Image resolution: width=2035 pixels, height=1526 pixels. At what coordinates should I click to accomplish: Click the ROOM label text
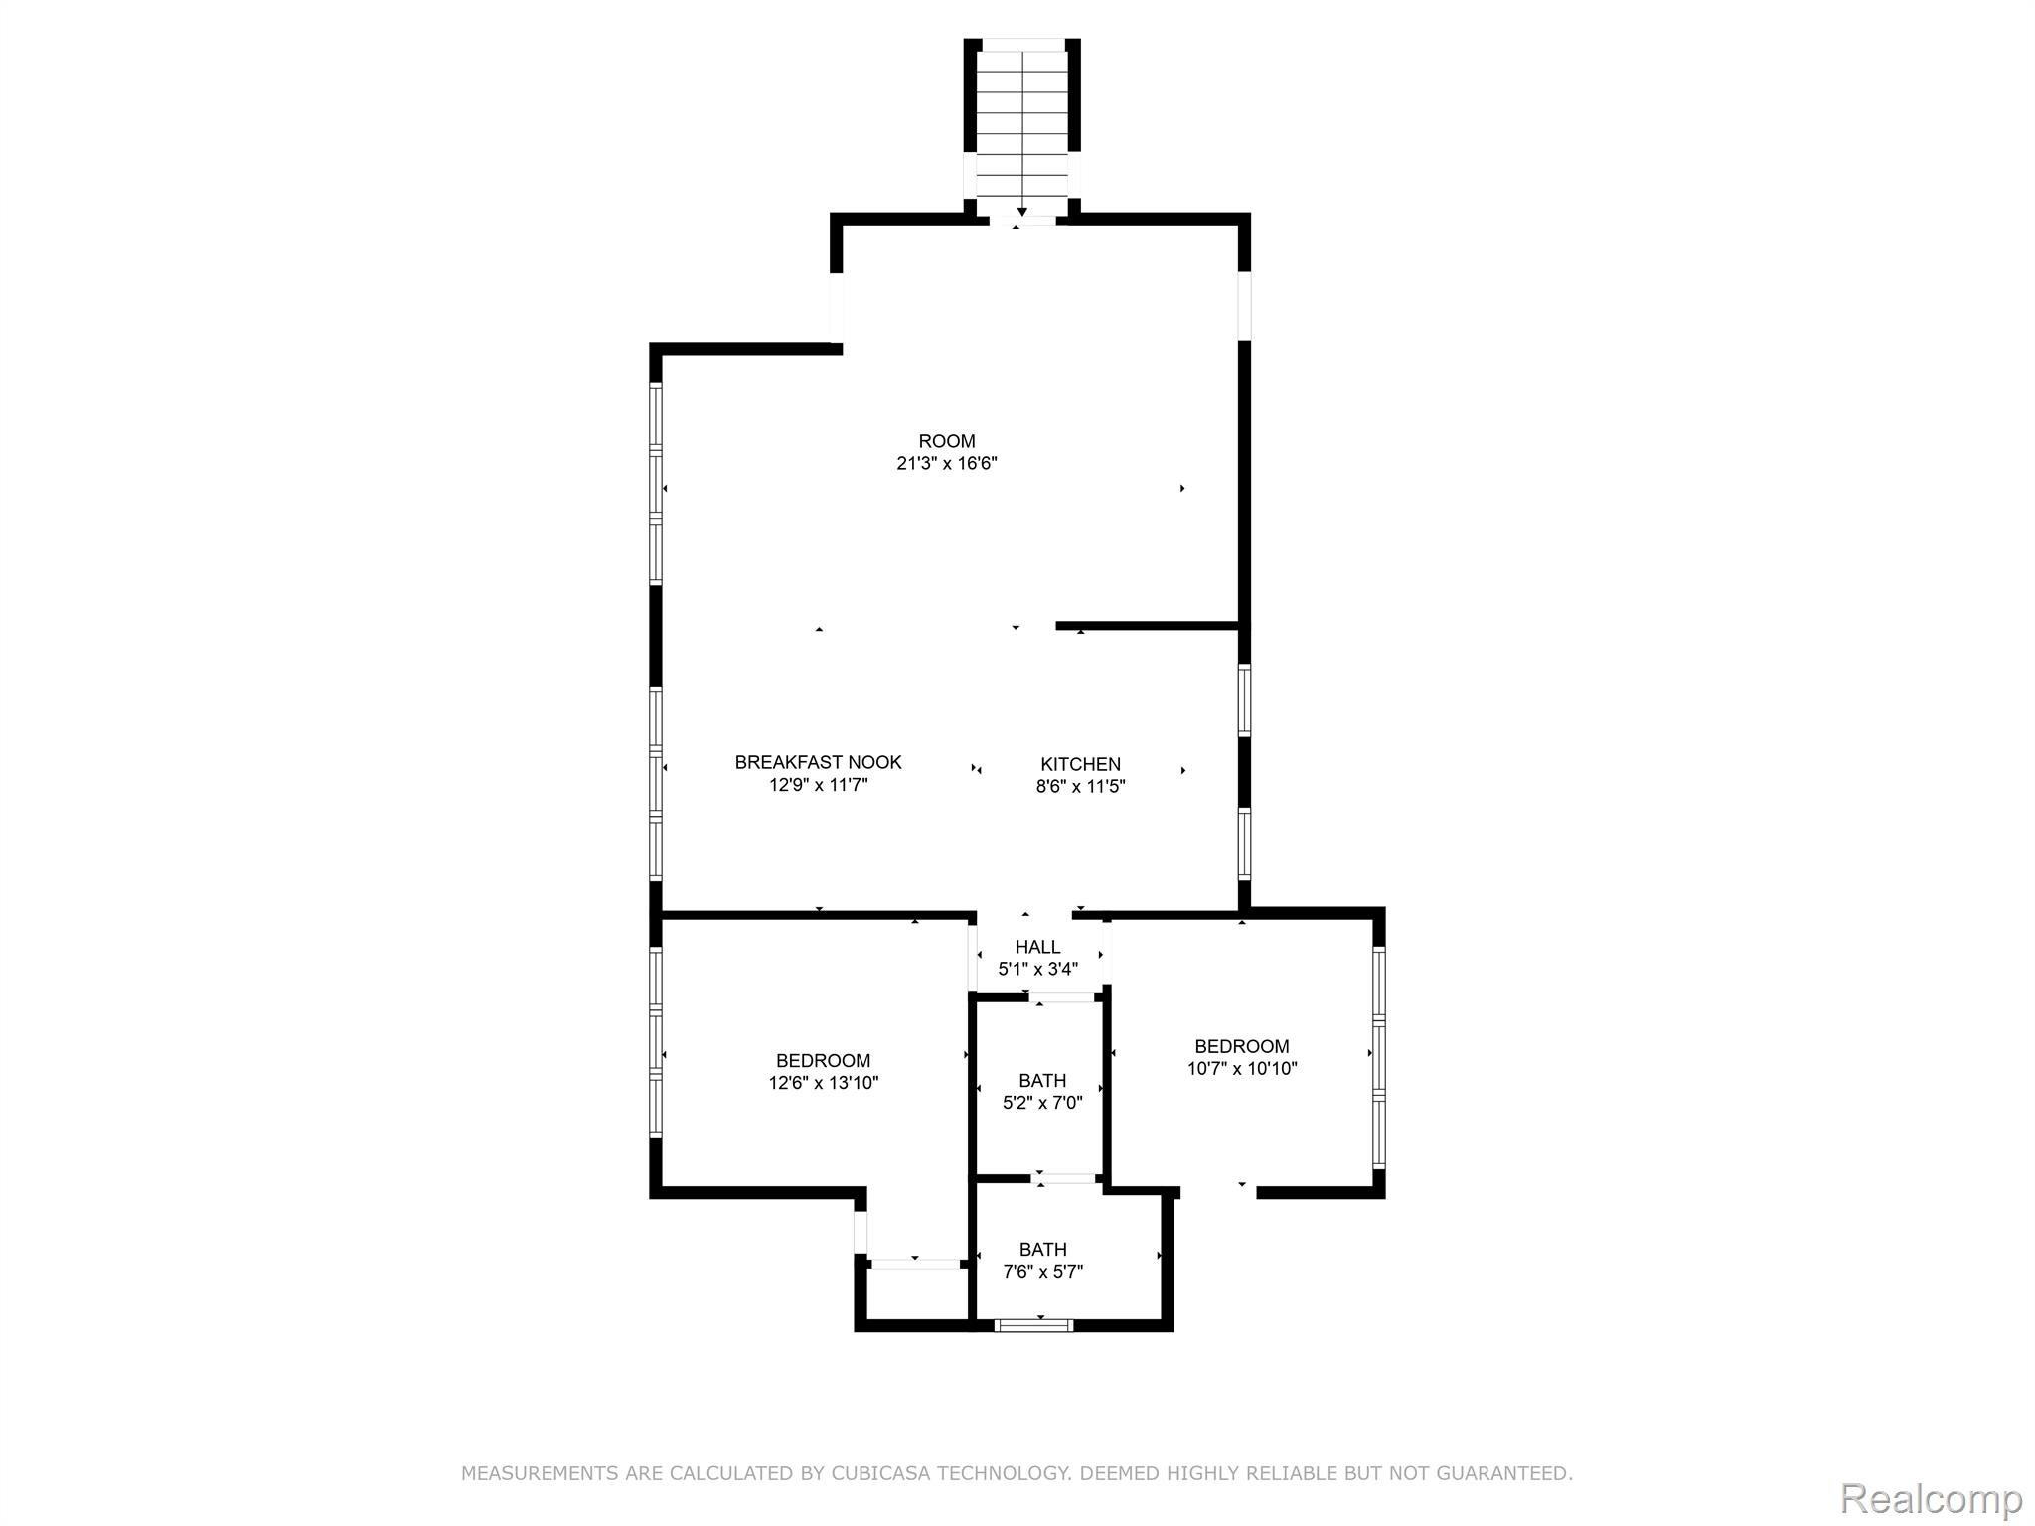946,441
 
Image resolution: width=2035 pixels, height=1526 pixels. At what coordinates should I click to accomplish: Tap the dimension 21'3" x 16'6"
946,463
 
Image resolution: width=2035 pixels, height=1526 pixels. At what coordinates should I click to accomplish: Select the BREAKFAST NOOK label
818,762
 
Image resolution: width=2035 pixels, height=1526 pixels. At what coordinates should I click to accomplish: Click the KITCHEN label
1080,764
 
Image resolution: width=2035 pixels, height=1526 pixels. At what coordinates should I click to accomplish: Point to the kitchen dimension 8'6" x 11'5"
1080,787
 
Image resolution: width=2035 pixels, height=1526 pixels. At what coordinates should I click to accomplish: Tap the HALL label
1037,947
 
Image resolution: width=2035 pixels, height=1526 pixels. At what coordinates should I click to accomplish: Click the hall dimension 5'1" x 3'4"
1037,969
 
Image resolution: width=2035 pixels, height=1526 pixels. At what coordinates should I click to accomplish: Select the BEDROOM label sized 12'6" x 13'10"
823,1061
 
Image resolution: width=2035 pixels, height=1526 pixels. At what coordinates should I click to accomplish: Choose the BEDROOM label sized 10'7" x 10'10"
1241,1046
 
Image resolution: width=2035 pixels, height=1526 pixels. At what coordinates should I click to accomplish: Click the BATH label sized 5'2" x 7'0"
1042,1080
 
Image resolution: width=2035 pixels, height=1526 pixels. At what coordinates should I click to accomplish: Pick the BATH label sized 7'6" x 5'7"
1042,1249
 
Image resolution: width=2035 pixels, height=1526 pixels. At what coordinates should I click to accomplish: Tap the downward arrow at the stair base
1021,212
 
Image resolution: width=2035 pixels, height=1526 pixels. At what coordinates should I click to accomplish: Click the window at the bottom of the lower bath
1033,1324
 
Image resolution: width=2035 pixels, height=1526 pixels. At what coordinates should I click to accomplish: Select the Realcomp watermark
1931,1497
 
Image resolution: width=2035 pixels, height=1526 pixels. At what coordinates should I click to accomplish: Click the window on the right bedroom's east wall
1378,1057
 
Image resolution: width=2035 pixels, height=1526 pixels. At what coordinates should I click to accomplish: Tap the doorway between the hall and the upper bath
1062,996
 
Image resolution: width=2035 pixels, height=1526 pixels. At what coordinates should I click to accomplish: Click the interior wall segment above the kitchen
1148,626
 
